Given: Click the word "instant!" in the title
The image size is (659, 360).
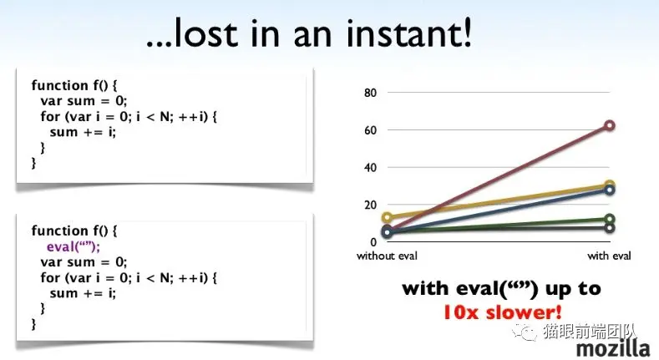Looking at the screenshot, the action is pos(409,32).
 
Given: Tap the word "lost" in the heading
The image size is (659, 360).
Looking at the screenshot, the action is pos(205,32).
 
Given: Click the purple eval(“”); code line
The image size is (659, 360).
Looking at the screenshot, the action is pos(74,246).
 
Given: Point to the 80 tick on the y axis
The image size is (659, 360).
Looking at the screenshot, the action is pos(370,93).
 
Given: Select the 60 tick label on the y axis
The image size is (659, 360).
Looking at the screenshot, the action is pos(370,129).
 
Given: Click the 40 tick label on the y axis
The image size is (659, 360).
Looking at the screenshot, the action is pos(370,168).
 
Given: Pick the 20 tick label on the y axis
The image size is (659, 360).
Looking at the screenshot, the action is pos(370,205).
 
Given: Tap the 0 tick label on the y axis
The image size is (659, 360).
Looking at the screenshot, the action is pos(373,242).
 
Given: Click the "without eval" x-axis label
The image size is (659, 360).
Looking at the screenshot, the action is pos(387,256).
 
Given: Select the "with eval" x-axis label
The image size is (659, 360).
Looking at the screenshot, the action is pos(609,256).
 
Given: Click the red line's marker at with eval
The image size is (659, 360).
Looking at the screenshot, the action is pos(610,125).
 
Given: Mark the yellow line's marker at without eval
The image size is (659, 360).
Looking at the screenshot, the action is pos(388,217).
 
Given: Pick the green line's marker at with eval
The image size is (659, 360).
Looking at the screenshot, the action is pos(610,219).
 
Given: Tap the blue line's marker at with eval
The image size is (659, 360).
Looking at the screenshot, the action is pos(610,190).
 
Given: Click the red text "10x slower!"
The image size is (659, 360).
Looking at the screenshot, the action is pos(503,312).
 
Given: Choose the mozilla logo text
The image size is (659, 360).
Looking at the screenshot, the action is pos(613,348).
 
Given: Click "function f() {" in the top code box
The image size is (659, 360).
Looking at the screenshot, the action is pos(74,85).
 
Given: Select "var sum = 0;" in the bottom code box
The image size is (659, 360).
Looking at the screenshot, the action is pos(84,262).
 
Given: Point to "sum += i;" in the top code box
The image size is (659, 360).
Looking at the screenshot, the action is pos(83,132).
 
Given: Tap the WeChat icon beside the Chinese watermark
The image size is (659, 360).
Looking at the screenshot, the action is pos(524,332).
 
